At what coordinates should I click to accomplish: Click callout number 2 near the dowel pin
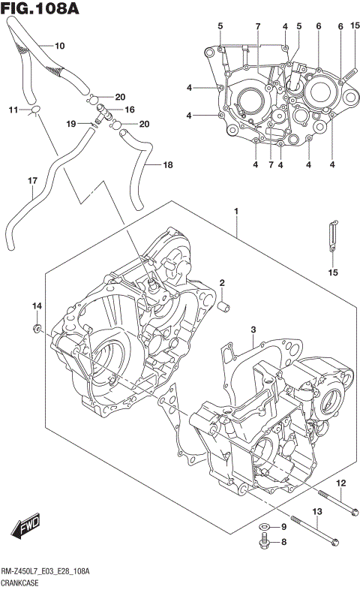click(x=223, y=282)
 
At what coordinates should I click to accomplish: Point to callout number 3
click(x=253, y=330)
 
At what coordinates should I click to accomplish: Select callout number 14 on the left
click(x=36, y=306)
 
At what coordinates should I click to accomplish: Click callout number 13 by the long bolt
click(x=316, y=512)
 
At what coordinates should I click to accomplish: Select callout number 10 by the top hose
click(x=60, y=46)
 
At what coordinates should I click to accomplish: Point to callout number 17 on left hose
click(x=32, y=181)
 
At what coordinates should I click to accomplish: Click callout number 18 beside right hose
click(x=168, y=164)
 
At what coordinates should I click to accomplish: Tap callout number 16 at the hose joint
click(x=130, y=110)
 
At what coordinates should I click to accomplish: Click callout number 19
click(x=71, y=123)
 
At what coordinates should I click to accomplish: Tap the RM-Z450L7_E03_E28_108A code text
click(x=45, y=571)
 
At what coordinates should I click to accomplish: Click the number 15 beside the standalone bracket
click(x=331, y=272)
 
